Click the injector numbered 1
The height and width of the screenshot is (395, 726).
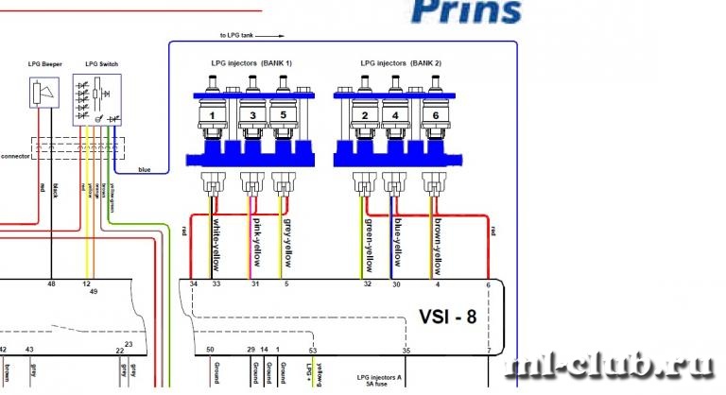(x=214, y=116)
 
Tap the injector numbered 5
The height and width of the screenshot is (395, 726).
(x=283, y=116)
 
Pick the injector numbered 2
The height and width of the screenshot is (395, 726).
(x=364, y=116)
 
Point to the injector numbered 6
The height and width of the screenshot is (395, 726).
(x=434, y=116)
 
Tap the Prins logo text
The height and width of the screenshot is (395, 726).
(x=467, y=11)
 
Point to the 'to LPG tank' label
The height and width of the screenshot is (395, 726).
(x=237, y=36)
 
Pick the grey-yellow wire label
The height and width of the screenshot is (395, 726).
(x=288, y=236)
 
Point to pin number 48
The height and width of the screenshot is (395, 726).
(x=51, y=283)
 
